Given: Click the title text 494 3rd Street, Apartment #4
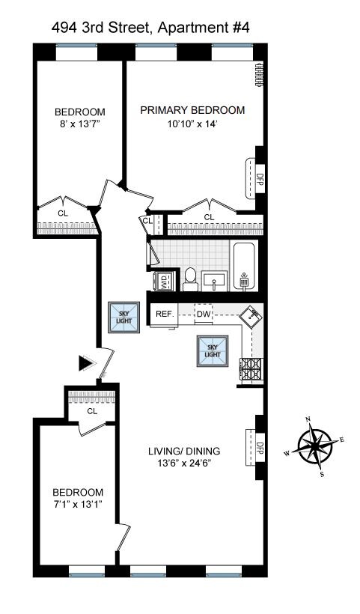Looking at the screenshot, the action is (150, 28).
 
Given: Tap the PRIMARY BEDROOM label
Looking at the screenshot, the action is (192, 110).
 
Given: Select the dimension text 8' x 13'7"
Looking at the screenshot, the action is (80, 124).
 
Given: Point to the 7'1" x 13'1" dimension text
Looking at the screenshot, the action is (78, 504).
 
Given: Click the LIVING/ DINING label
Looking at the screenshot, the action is (184, 451).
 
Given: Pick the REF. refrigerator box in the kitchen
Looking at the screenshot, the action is (165, 314).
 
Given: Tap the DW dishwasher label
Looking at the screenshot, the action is (204, 314).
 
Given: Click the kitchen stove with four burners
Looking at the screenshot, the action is (251, 370).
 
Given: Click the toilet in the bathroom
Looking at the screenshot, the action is (191, 279).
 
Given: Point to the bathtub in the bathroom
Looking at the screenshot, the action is (244, 267).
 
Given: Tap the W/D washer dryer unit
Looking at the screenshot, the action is (163, 282).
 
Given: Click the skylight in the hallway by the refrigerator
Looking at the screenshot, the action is (123, 317).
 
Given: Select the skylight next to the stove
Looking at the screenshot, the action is (213, 351).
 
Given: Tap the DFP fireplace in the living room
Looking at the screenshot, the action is (255, 448).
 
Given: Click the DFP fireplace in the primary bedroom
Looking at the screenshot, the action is (255, 178).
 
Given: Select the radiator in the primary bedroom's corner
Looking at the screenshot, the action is (258, 74).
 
